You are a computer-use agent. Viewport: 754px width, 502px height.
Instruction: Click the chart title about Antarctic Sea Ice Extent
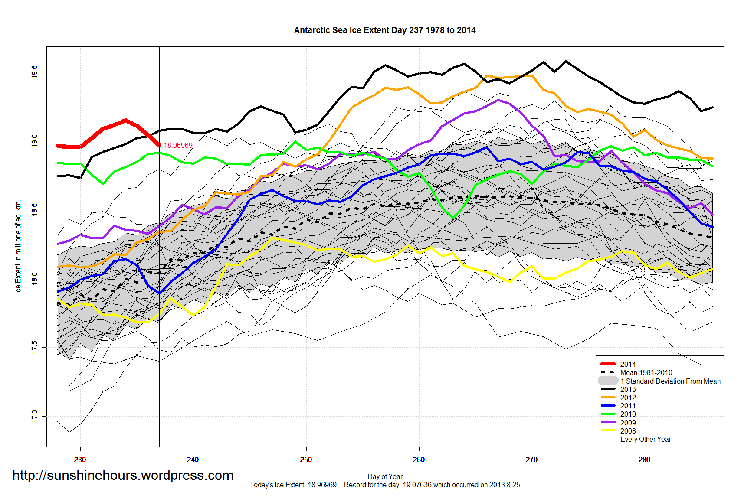[x=384, y=30]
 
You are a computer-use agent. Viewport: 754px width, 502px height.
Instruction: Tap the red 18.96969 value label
[x=178, y=145]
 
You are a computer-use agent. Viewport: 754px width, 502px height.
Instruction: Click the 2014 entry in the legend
[x=628, y=364]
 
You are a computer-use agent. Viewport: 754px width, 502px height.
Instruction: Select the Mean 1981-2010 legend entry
[x=646, y=372]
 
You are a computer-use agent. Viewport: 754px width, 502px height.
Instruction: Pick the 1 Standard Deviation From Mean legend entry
[x=670, y=381]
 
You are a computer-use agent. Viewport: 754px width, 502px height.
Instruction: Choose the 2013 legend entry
[x=628, y=389]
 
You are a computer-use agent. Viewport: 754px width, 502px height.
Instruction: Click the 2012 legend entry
[x=628, y=398]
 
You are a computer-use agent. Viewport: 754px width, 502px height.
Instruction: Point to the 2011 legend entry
[x=628, y=406]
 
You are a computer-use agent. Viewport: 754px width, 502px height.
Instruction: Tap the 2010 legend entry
[x=628, y=414]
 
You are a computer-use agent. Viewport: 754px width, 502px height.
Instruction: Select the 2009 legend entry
[x=628, y=423]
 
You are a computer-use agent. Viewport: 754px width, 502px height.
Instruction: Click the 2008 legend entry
[x=628, y=431]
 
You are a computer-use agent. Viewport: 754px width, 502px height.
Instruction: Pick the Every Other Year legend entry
[x=645, y=439]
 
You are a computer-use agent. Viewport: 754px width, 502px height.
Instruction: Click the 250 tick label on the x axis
[x=306, y=460]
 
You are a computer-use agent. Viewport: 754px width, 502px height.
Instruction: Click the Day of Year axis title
[x=385, y=476]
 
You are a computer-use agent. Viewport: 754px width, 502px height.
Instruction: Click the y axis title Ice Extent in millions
[x=18, y=247]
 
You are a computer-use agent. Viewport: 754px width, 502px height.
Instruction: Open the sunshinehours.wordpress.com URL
[x=123, y=475]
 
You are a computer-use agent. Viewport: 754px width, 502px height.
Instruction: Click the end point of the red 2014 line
[x=159, y=145]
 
